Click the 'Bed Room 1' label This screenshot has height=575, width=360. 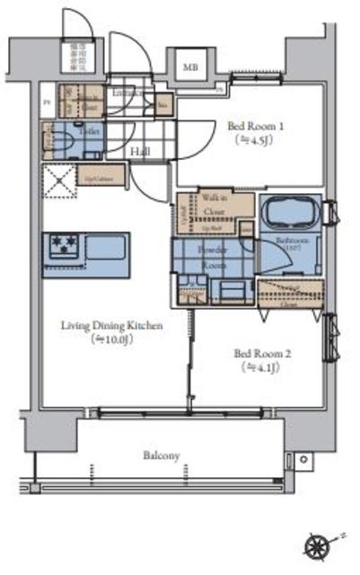[243, 127]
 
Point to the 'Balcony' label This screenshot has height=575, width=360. [162, 456]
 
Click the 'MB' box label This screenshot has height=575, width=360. [189, 67]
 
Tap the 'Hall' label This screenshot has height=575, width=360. [139, 153]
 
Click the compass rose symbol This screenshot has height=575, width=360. [318, 545]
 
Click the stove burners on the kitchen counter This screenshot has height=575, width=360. [64, 243]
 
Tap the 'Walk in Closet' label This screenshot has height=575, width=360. [214, 208]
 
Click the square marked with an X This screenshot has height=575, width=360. [58, 181]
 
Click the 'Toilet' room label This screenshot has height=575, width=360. [88, 130]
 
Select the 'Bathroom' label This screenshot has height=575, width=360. [293, 242]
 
